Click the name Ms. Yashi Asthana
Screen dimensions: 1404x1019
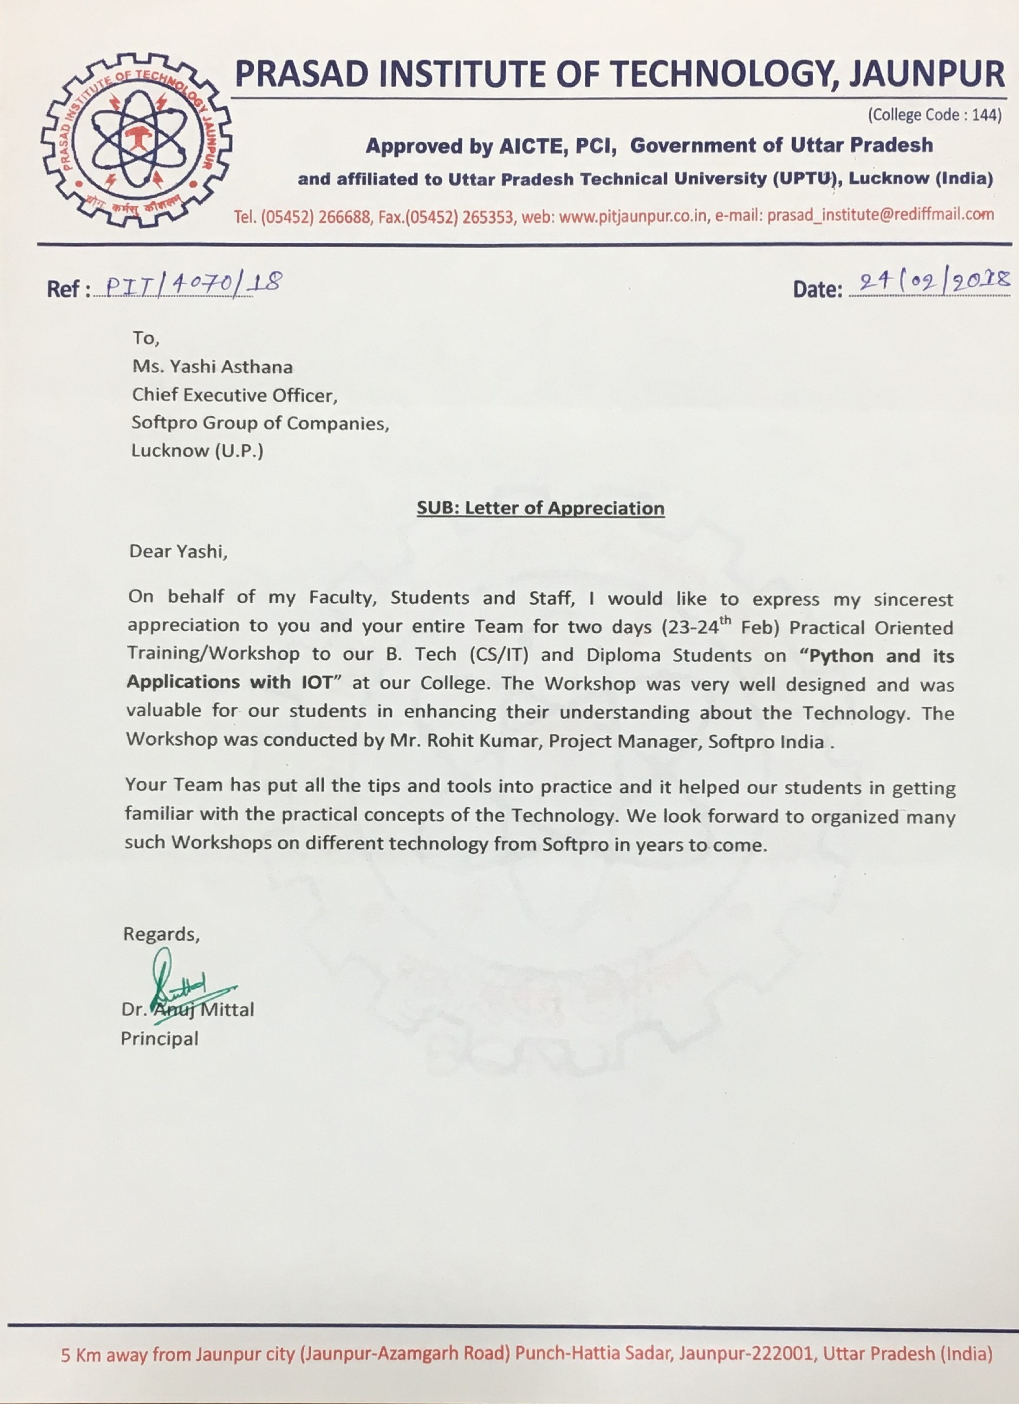[212, 367]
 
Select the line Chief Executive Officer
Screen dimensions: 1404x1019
[235, 395]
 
